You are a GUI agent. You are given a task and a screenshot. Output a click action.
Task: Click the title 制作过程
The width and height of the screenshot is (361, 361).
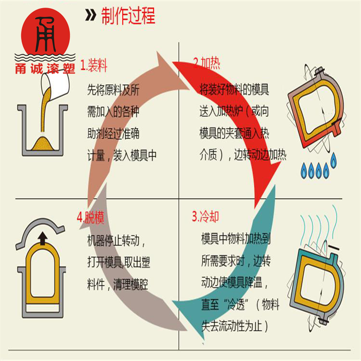coord(128,16)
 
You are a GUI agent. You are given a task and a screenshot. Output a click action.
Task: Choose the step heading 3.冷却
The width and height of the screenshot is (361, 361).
coord(206,217)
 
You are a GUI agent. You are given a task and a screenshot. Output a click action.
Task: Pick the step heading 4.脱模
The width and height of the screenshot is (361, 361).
coord(90,218)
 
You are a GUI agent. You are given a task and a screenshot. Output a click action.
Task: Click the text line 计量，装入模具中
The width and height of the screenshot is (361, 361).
coord(122,155)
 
